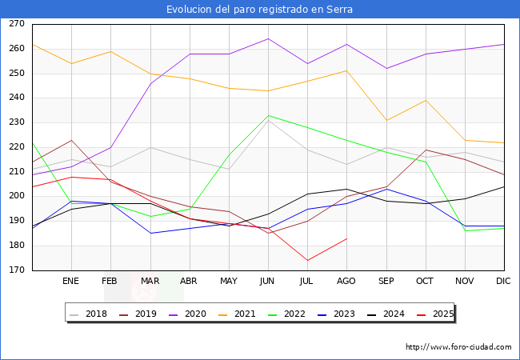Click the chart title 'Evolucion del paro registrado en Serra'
(x=259, y=10)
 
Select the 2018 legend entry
(x=89, y=314)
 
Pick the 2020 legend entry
(x=188, y=314)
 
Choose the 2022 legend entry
(x=287, y=314)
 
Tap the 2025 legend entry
(x=435, y=314)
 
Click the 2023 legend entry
(x=336, y=314)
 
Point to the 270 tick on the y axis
(x=17, y=24)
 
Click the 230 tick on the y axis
(x=17, y=122)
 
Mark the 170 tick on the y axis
(x=17, y=270)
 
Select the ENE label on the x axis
(x=70, y=281)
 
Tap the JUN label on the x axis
(x=267, y=281)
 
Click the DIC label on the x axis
(x=503, y=281)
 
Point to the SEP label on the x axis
(x=386, y=281)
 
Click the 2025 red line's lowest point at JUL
(x=308, y=261)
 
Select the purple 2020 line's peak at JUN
(x=268, y=38)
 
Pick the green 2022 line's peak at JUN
(x=268, y=115)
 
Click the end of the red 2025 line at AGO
(x=347, y=238)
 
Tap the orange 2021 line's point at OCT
(x=426, y=101)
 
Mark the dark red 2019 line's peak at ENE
(x=71, y=140)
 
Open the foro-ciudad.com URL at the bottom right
(x=458, y=347)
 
